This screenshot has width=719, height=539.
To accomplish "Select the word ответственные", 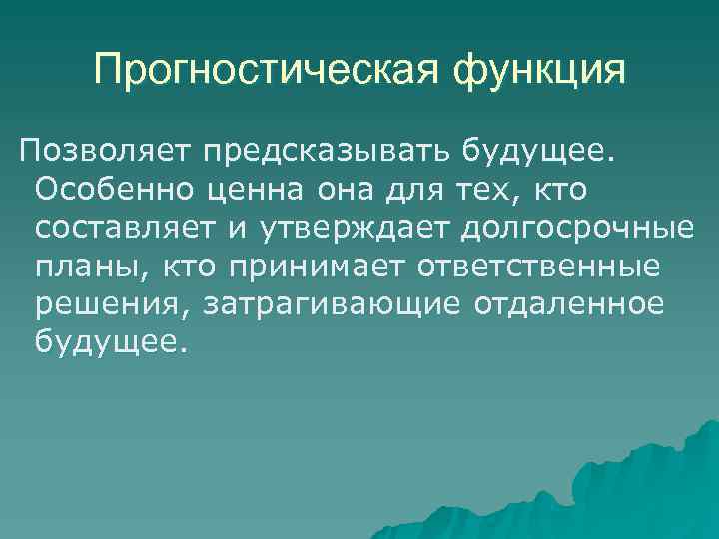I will point(540,266).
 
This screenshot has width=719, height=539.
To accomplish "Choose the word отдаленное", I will point(562,303).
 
